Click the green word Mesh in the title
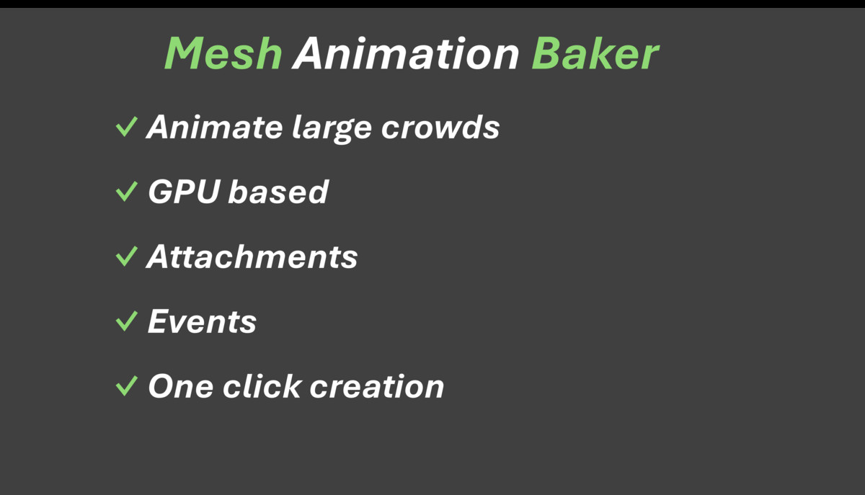223,53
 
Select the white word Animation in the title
406,53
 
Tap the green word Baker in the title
595,53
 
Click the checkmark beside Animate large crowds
126,128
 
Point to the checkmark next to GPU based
126,192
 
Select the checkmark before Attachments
126,257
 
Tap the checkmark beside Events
126,321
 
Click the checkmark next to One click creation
126,386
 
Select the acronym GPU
183,192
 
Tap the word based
278,192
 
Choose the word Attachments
252,257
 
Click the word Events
202,321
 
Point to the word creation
377,386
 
